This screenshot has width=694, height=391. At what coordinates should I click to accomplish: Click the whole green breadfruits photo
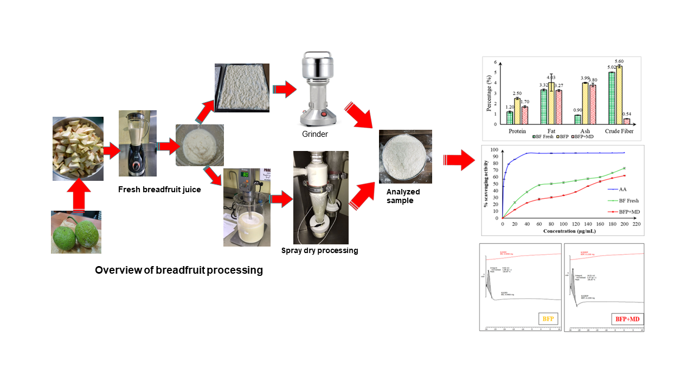coord(76,232)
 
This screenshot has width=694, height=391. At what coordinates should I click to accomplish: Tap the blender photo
coord(138,143)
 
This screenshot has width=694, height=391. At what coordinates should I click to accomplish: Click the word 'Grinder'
coord(316,134)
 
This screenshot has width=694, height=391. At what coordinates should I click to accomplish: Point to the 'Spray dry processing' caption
coord(319,251)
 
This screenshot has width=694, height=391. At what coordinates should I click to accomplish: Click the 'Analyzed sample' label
coord(403,196)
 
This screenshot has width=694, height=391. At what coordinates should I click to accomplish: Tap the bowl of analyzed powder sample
coord(405,156)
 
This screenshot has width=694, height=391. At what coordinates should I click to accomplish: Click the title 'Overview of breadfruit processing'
coord(179,270)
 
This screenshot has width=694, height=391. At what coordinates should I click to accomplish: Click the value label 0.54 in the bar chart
coord(627,114)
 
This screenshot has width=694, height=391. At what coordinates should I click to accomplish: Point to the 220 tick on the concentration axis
coord(637,224)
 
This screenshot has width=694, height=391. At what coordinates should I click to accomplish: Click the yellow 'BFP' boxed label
coord(548,319)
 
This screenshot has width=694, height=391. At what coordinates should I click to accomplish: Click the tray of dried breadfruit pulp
coord(242,88)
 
